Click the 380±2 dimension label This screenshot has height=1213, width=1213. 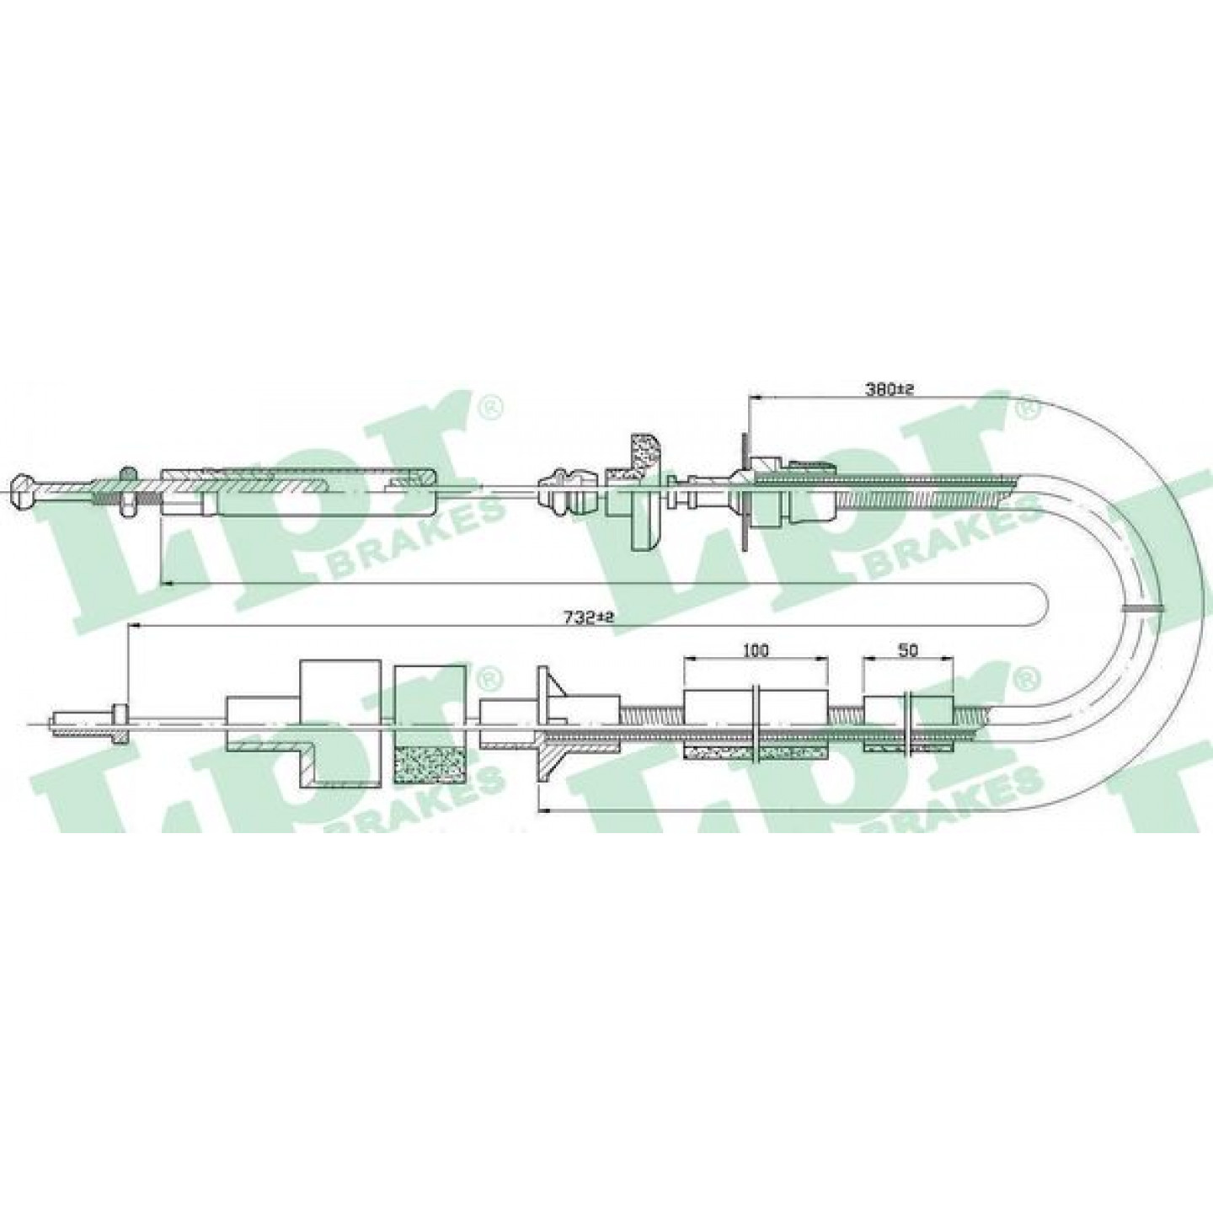tap(890, 390)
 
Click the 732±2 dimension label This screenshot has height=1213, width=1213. tap(590, 618)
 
